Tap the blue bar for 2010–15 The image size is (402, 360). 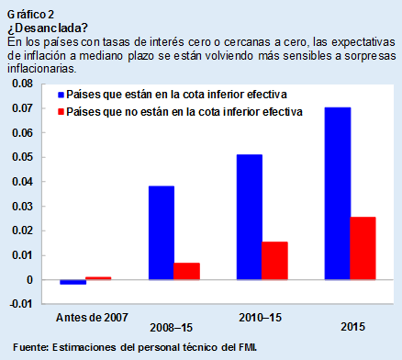(x=249, y=217)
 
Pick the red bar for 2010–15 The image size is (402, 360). (x=274, y=260)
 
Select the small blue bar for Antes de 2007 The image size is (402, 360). (x=73, y=282)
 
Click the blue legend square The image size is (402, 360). (x=61, y=95)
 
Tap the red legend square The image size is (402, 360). (x=61, y=112)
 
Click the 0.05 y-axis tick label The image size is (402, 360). (x=20, y=157)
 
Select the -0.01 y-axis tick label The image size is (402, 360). (x=19, y=304)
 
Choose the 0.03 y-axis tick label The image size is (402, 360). (x=20, y=206)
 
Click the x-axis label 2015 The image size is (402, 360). (x=350, y=327)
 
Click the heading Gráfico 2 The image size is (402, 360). (x=29, y=12)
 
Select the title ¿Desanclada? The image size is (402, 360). (x=40, y=26)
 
